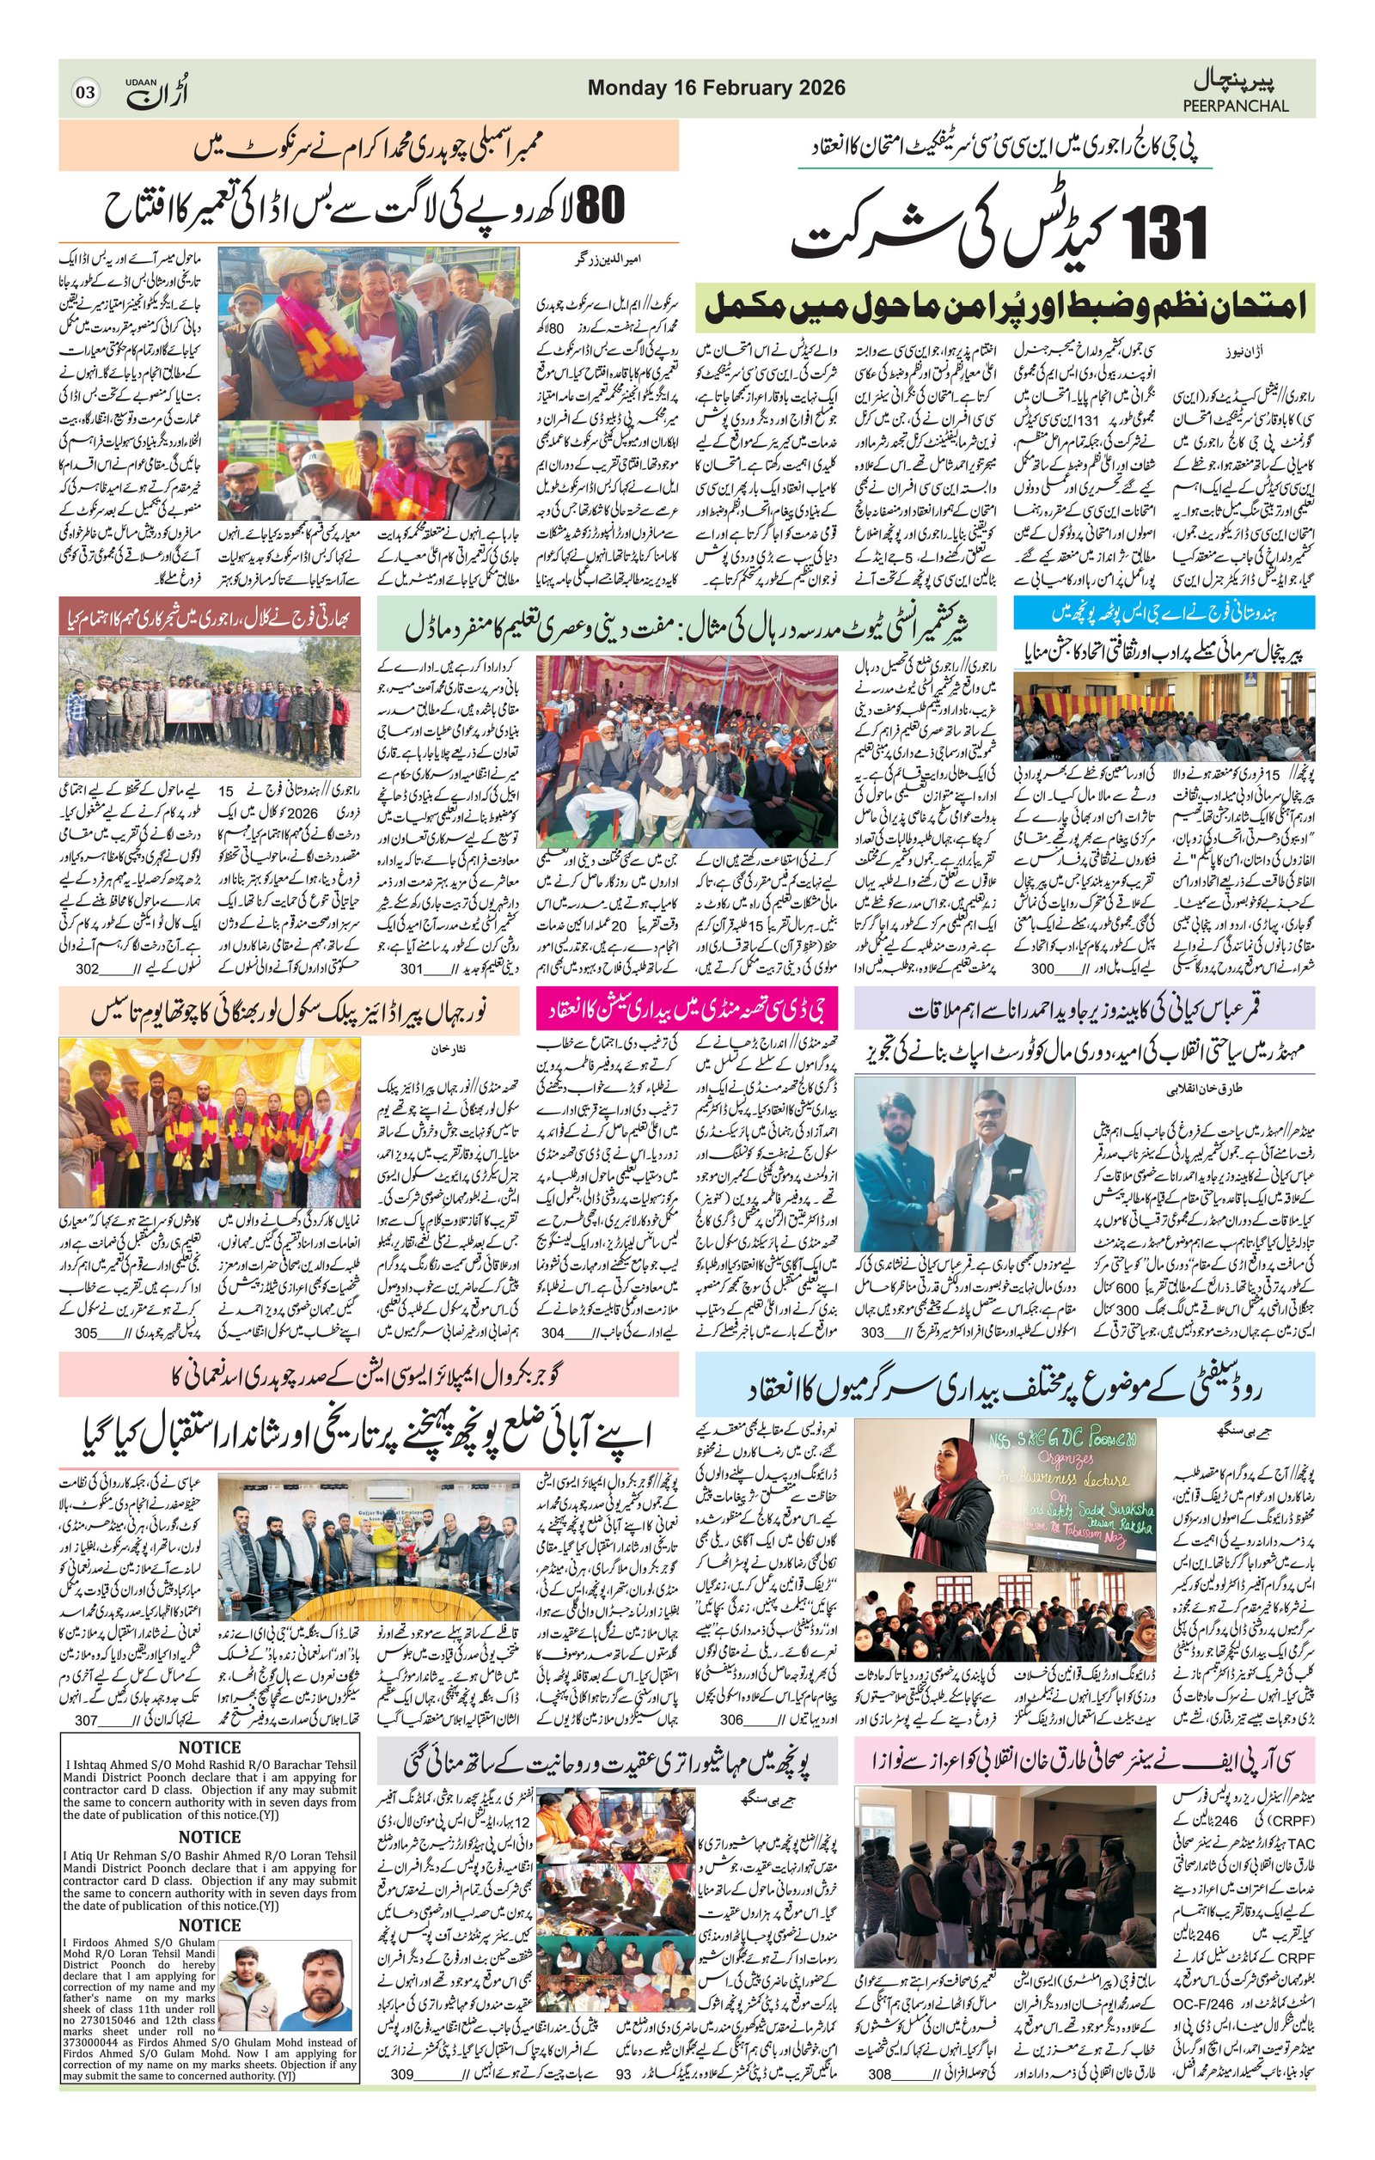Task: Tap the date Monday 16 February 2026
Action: click(x=716, y=88)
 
